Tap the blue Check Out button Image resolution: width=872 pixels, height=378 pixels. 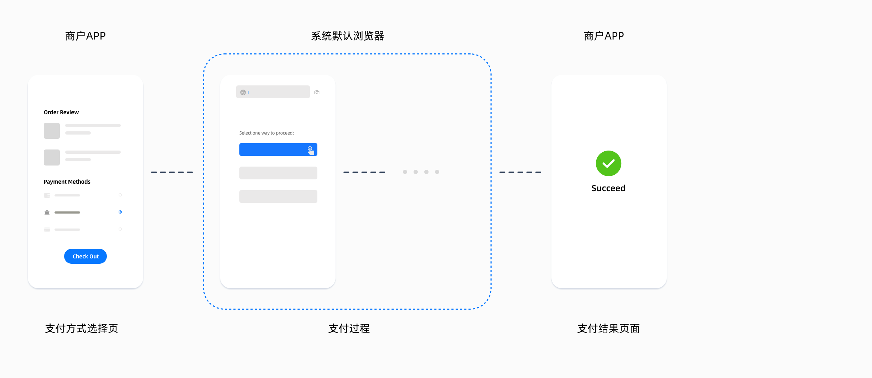click(x=85, y=256)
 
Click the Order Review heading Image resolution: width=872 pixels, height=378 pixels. click(x=61, y=112)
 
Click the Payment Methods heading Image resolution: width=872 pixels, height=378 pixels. click(x=67, y=182)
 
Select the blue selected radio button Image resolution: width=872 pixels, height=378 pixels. click(x=120, y=212)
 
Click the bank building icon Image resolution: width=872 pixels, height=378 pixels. click(x=47, y=212)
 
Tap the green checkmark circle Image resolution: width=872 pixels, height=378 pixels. click(x=608, y=163)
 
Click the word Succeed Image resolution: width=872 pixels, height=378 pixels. click(x=608, y=188)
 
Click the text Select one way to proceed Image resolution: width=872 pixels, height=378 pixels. click(x=266, y=133)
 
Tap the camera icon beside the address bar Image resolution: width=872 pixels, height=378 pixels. click(x=317, y=93)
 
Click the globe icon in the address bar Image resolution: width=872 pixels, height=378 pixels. click(x=243, y=93)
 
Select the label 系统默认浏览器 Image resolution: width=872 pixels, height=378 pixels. click(x=348, y=36)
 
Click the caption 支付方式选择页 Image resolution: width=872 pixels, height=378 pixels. click(x=82, y=329)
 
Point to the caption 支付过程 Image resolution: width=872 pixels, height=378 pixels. click(x=349, y=329)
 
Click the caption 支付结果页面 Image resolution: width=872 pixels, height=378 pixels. click(x=608, y=329)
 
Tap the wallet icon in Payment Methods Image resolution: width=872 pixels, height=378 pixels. click(x=47, y=195)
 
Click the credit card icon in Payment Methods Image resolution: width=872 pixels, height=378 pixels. click(x=47, y=230)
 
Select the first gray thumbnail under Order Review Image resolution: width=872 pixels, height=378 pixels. click(x=52, y=131)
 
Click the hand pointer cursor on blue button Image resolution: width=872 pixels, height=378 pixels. click(x=311, y=151)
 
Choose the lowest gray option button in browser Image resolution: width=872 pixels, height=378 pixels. click(x=278, y=196)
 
